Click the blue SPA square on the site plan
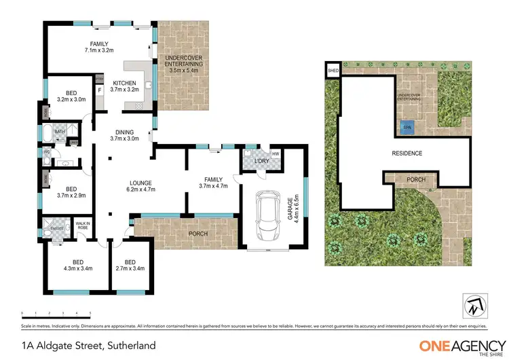pos(407,127)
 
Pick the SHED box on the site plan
pos(333,71)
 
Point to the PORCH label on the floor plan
pos(198,234)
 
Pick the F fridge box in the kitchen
pos(100,89)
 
